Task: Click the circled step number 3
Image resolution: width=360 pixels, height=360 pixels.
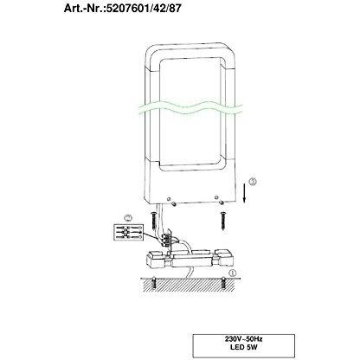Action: [x=252, y=182]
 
